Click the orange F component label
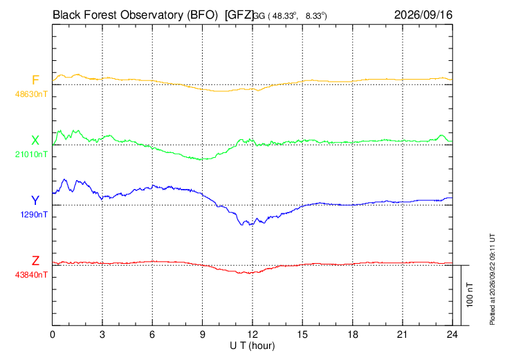pos(35,80)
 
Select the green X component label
pos(35,141)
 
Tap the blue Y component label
pos(35,201)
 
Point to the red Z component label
pos(35,261)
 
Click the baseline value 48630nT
pos(31,94)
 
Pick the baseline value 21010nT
pos(31,154)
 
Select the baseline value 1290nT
pos(34,215)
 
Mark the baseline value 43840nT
pos(31,275)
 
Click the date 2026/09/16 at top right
pos(423,15)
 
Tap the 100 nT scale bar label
pos(470,295)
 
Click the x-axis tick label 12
pos(252,334)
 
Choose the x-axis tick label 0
pos(53,334)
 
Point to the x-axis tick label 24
pos(452,334)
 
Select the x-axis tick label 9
pos(203,334)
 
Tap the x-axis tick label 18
pos(353,334)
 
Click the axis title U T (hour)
pos(252,346)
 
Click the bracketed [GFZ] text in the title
pos(239,15)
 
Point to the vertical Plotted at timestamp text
pos(492,279)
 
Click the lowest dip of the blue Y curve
pos(242,224)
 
